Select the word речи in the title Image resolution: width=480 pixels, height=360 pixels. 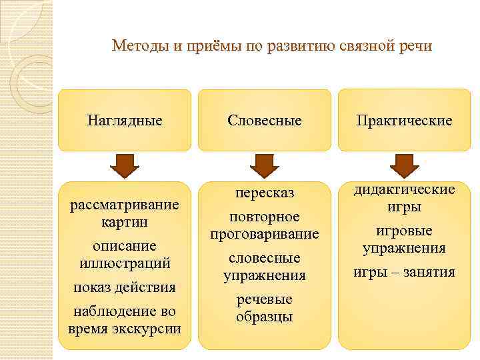pyautogui.click(x=415, y=47)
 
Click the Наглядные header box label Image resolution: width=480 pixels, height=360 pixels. pyautogui.click(x=125, y=121)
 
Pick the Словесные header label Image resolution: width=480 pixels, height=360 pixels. pyautogui.click(x=265, y=121)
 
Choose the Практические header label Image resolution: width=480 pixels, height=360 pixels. pyautogui.click(x=404, y=121)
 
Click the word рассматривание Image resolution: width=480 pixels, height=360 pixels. pyautogui.click(x=125, y=204)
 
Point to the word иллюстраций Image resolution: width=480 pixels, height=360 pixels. pyautogui.click(x=125, y=263)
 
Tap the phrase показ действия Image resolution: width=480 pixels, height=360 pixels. pyautogui.click(x=125, y=287)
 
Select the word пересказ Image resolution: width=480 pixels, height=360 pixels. pyautogui.click(x=265, y=193)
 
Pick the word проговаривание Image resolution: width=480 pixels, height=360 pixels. pyautogui.click(x=265, y=235)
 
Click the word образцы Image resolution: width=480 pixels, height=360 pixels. pyautogui.click(x=265, y=317)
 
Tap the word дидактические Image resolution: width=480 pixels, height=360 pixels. pyautogui.click(x=404, y=190)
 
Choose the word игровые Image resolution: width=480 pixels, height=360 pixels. pyautogui.click(x=404, y=231)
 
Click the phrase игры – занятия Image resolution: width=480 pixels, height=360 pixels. pyautogui.click(x=404, y=272)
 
